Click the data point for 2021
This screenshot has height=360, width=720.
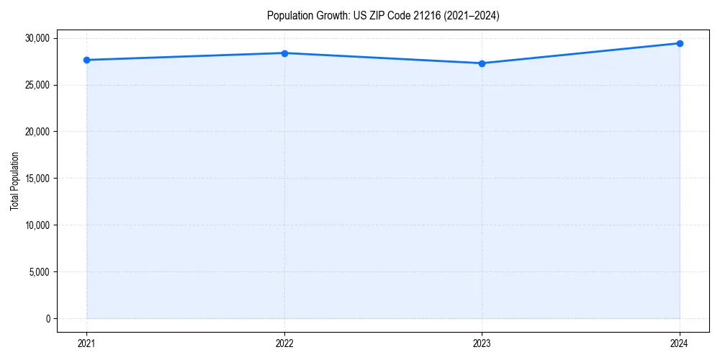click(87, 60)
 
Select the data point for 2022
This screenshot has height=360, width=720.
click(284, 53)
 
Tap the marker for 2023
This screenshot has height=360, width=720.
click(482, 63)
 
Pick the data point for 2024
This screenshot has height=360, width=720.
click(680, 43)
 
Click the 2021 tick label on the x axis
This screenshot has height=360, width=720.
click(87, 343)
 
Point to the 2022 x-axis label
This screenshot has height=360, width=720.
click(284, 343)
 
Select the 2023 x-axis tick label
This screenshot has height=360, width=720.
click(482, 343)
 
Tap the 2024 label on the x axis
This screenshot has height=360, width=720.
click(680, 343)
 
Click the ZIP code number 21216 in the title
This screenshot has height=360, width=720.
click(425, 15)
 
